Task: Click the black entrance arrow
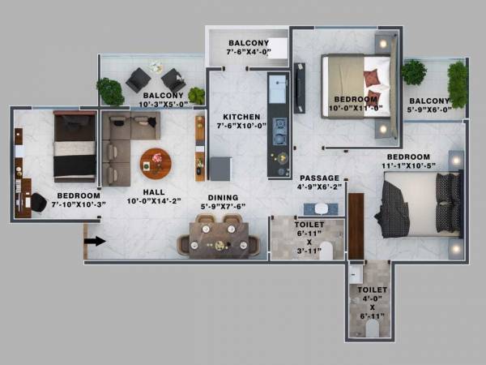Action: [x=95, y=241]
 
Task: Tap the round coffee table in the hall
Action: [x=156, y=162]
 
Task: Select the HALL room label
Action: [x=154, y=192]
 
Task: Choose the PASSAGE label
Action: [x=320, y=178]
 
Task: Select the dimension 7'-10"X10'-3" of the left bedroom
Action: [x=79, y=205]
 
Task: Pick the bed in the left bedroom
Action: [x=75, y=146]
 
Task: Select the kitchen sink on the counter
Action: [x=278, y=86]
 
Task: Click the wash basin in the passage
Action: [x=321, y=208]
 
